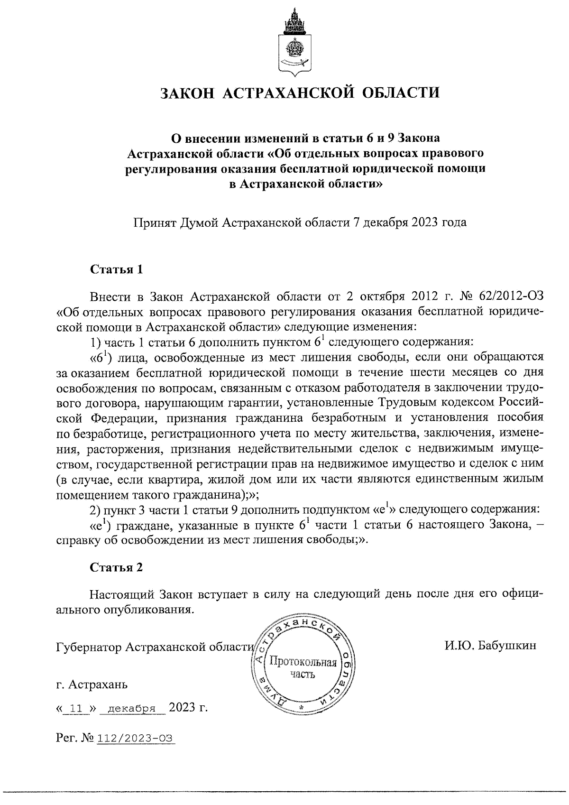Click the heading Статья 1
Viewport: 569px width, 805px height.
point(116,270)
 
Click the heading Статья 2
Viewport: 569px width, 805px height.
point(116,567)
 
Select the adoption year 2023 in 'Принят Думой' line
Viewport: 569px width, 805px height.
point(419,222)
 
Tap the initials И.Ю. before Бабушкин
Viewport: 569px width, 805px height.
point(459,646)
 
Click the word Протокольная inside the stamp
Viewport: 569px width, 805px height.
point(303,663)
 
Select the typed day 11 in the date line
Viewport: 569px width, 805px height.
point(76,709)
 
